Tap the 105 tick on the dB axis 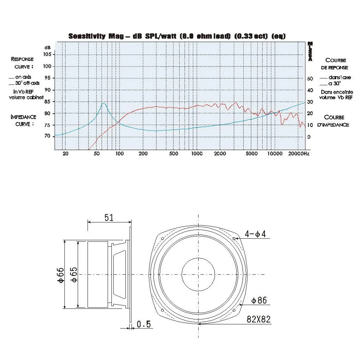point(47,54)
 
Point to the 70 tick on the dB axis point(48,136)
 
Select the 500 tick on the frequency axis point(174,154)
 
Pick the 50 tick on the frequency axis point(97,154)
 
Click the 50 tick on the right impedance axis point(310,78)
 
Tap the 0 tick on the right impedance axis point(309,137)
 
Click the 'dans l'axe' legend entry point(332,77)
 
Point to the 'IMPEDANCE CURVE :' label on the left point(23,120)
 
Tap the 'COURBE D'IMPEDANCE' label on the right point(334,121)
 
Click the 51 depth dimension point(109,217)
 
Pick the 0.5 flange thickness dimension point(144,324)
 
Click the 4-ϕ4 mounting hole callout point(255,234)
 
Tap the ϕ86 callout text point(259,301)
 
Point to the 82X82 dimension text point(259,319)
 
